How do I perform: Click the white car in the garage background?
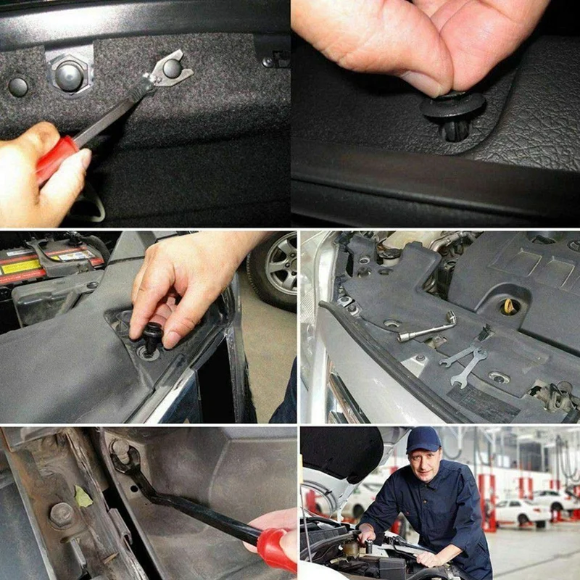point(521,511)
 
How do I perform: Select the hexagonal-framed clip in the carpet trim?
point(70,75)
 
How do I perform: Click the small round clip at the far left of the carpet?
point(17,87)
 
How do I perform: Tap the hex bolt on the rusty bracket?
point(61,514)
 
